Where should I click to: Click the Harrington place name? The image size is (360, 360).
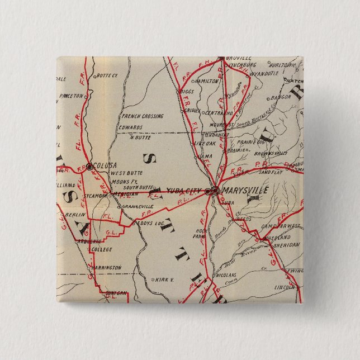[x=106, y=268]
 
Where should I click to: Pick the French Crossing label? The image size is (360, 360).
[x=143, y=116]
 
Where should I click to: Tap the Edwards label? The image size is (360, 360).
[x=130, y=127]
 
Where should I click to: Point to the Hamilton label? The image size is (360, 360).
[x=207, y=81]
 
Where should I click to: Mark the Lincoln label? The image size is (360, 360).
[x=285, y=287]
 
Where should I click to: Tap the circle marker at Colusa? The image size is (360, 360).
[x=89, y=166]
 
